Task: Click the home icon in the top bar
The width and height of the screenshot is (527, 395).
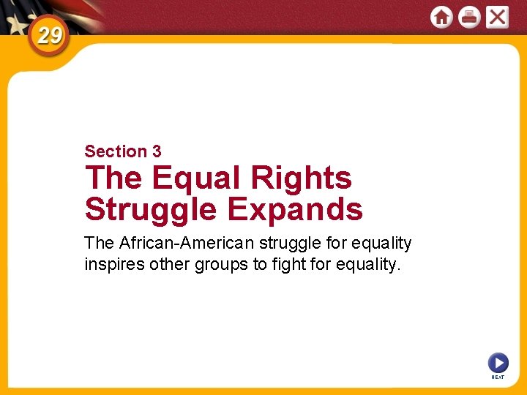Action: pyautogui.click(x=441, y=17)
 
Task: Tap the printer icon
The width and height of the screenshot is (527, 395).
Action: pyautogui.click(x=469, y=17)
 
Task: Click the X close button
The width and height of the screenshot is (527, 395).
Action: pyautogui.click(x=497, y=17)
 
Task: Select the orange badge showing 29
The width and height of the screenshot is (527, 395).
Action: pyautogui.click(x=49, y=35)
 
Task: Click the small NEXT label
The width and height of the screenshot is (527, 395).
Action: pyautogui.click(x=498, y=377)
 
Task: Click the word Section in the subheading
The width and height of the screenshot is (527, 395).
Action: pyautogui.click(x=116, y=151)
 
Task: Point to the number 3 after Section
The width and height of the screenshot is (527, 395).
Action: pyautogui.click(x=157, y=151)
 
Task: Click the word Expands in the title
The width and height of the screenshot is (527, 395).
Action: pyautogui.click(x=295, y=209)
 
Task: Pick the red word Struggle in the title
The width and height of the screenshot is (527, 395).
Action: pyautogui.click(x=151, y=209)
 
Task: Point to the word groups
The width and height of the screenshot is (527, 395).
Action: pyautogui.click(x=221, y=264)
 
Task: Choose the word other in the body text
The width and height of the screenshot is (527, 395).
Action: pyautogui.click(x=169, y=264)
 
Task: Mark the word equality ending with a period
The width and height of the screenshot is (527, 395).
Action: pyautogui.click(x=370, y=264)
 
